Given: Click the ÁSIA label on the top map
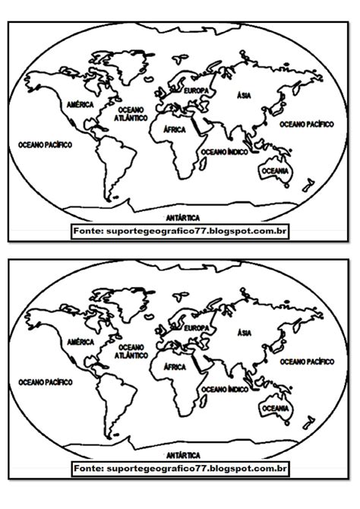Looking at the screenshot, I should [244, 95].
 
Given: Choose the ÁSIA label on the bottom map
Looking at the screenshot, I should [244, 333].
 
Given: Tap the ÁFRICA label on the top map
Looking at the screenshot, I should [175, 130].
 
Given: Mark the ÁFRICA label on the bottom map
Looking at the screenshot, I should [175, 368].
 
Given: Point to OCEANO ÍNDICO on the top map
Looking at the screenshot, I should [221, 152].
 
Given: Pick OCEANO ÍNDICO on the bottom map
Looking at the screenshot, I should [221, 390].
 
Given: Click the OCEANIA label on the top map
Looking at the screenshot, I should [274, 172].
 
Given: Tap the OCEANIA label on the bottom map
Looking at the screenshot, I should [274, 409].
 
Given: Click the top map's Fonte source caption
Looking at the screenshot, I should [181, 229].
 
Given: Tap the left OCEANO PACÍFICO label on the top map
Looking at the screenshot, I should [45, 143].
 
